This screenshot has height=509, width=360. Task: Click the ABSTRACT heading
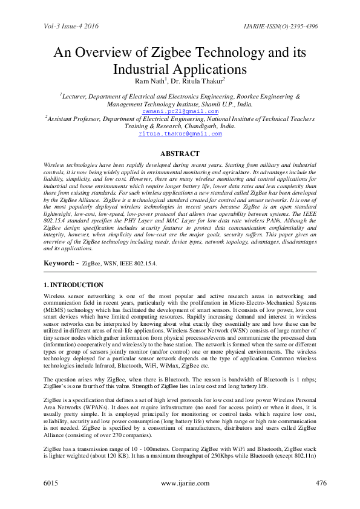click(x=180, y=154)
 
